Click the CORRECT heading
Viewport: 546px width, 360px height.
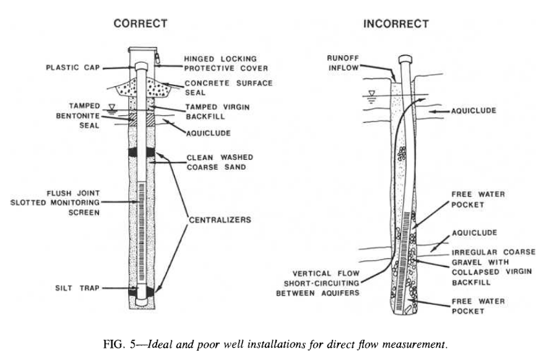(140, 23)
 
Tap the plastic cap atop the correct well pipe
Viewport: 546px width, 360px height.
(140, 65)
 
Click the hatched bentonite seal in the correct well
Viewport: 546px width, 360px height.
(140, 118)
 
